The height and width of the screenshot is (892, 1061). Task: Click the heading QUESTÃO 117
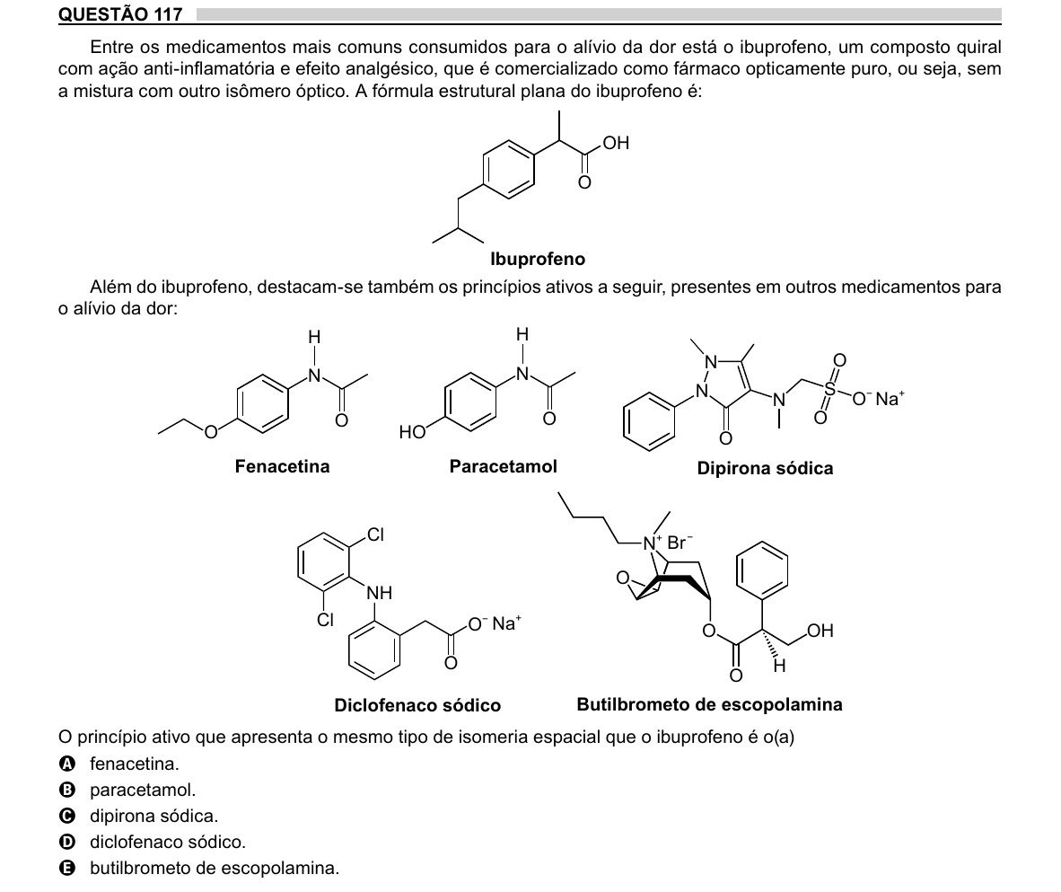tap(120, 14)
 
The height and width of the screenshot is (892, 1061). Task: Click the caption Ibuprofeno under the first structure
tap(538, 259)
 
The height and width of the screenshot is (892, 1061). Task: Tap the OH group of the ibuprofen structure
tap(616, 143)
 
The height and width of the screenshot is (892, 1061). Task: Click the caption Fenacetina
tap(282, 466)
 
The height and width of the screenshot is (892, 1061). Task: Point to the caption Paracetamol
tap(503, 466)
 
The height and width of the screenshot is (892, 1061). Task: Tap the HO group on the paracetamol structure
tap(412, 432)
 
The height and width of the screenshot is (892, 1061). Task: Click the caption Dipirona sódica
tap(765, 468)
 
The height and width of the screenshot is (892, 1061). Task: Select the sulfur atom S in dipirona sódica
tap(829, 389)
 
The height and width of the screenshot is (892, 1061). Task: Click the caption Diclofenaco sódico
tap(417, 705)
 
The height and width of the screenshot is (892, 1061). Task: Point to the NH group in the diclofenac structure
tap(379, 593)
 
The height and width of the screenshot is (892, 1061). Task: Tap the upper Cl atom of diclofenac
tap(375, 534)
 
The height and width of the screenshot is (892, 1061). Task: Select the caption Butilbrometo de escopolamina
tap(709, 704)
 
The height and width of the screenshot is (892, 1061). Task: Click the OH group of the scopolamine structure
tap(820, 631)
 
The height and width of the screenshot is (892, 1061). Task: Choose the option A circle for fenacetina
tap(67, 764)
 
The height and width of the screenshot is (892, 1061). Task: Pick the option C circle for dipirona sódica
tap(67, 817)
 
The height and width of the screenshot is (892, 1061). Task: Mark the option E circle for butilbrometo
tap(67, 869)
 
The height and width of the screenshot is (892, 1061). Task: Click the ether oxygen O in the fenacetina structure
tap(211, 431)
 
